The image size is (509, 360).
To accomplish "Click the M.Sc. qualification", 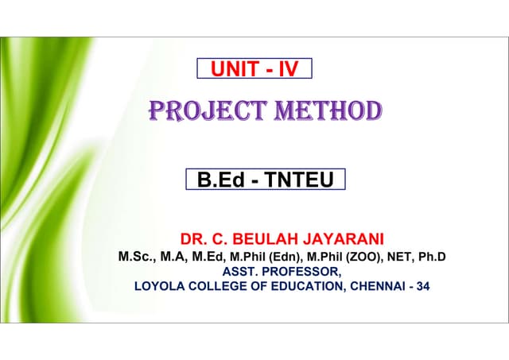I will pyautogui.click(x=134, y=257).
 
